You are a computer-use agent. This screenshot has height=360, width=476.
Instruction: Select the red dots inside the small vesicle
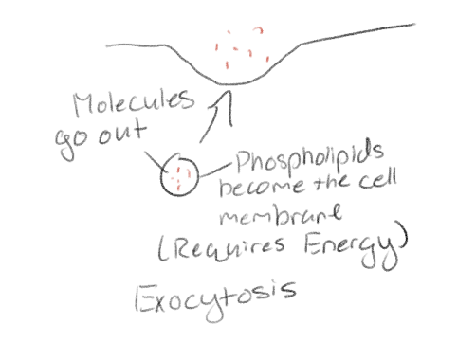(179, 173)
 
